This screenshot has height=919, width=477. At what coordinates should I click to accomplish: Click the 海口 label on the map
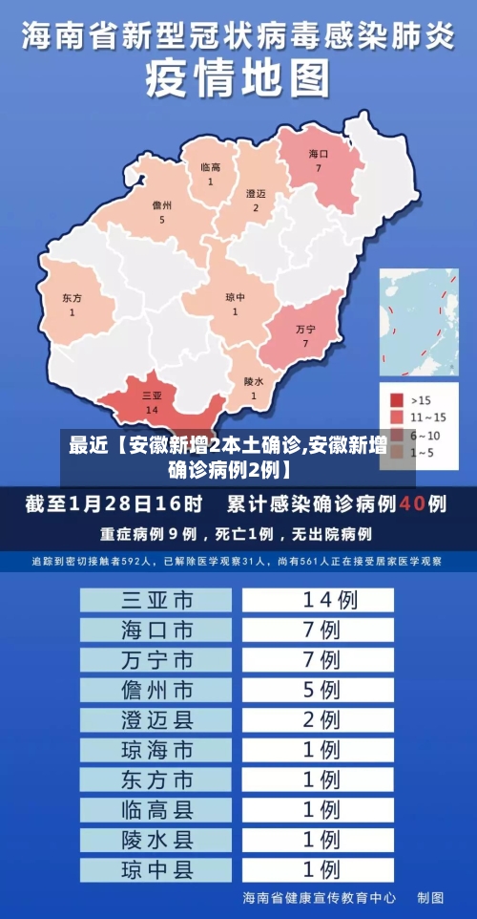[x=319, y=154]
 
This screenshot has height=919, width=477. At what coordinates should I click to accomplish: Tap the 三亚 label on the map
[x=151, y=395]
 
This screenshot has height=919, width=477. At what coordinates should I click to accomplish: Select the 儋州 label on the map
[x=162, y=205]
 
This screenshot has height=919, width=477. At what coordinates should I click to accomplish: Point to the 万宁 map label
[x=305, y=329]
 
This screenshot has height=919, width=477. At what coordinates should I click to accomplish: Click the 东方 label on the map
[x=72, y=298]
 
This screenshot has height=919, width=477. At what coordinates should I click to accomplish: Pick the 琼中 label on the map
[x=235, y=297]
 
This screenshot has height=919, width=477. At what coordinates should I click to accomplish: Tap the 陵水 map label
[x=253, y=381]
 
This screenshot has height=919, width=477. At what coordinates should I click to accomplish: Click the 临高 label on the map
[x=210, y=168]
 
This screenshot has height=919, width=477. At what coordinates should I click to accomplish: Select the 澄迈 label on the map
[x=256, y=194]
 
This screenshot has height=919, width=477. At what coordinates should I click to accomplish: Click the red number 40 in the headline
[x=412, y=502]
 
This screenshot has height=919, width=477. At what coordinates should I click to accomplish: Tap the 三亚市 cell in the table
[x=156, y=600]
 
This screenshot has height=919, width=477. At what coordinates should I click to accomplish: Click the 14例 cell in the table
[x=319, y=600]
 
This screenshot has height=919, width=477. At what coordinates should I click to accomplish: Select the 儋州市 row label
[x=156, y=689]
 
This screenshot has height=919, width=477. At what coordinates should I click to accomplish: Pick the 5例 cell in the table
[x=319, y=689]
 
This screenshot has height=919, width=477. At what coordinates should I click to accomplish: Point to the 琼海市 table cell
[x=156, y=750]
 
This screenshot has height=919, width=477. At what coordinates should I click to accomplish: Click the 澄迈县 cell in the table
[x=156, y=719]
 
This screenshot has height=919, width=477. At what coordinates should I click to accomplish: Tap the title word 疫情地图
[x=238, y=79]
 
